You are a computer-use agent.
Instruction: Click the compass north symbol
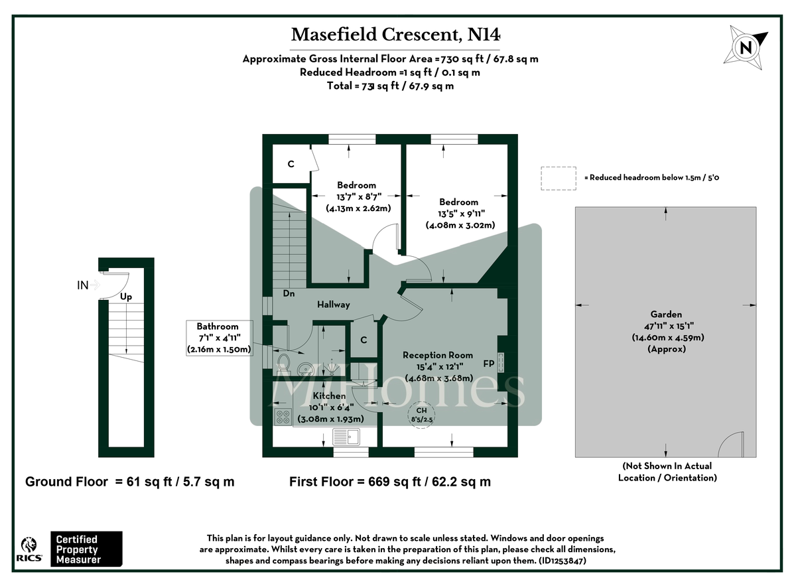748,47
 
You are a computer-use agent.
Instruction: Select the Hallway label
332,305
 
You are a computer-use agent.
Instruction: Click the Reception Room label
438,355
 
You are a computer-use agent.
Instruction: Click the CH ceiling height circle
422,415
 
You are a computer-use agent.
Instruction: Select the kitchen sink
346,436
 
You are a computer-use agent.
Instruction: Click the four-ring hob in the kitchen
283,417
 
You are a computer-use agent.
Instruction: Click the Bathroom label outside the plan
218,327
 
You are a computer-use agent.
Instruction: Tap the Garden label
666,315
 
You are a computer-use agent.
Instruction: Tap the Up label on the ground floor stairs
126,298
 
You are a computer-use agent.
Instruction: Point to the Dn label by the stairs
289,293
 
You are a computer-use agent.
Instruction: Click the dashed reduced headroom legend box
559,178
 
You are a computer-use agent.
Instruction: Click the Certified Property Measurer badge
87,549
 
